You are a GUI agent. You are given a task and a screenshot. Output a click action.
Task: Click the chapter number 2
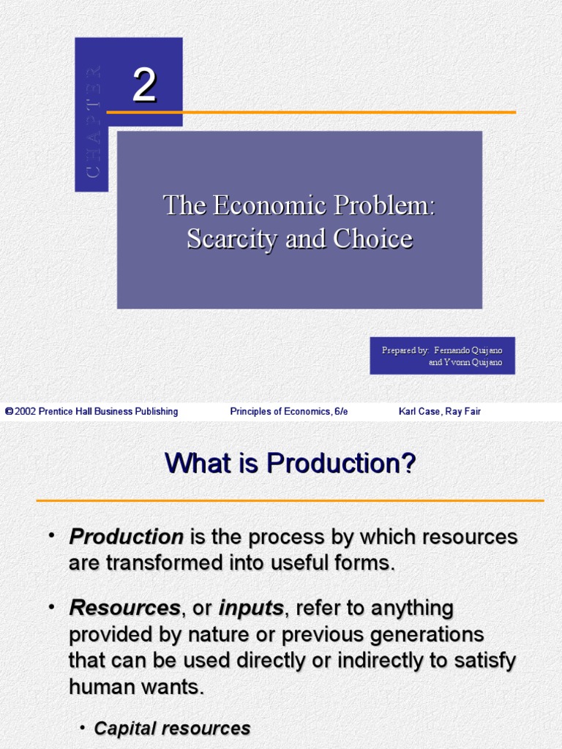click(144, 86)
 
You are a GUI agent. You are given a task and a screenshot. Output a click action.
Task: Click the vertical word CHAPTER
click(93, 121)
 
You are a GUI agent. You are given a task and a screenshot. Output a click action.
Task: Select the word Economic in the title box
click(270, 206)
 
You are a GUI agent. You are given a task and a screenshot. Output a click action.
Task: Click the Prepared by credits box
click(442, 355)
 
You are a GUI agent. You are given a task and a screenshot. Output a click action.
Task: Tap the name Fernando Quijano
click(468, 350)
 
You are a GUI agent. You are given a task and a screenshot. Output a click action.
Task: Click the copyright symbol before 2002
click(9, 412)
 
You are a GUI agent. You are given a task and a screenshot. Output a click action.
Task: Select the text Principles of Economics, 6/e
click(289, 412)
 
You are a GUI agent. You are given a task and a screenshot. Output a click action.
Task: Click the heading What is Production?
click(291, 463)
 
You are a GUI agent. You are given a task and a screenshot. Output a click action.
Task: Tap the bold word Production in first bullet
click(126, 537)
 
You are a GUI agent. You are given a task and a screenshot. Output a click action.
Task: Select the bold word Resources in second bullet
click(124, 608)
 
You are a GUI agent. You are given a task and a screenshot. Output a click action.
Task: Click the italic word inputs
click(251, 608)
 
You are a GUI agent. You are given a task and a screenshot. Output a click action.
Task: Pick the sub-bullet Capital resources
click(173, 729)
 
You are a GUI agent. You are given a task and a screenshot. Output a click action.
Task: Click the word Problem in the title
click(386, 206)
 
